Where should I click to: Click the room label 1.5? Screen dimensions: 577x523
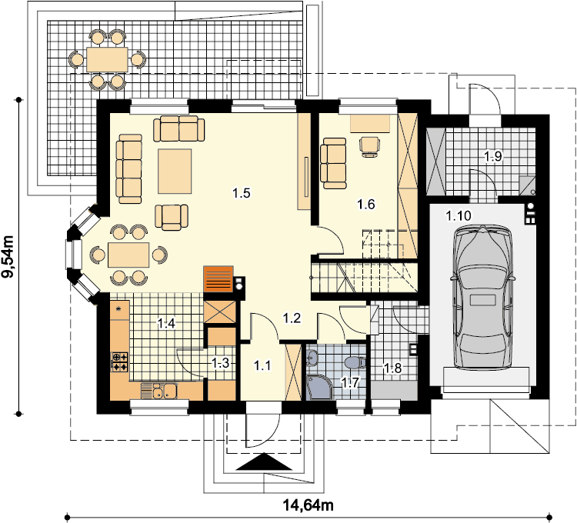242,193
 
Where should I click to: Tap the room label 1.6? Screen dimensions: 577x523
366,204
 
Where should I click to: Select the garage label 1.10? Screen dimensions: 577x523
459,215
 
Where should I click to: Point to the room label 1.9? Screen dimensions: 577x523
492,156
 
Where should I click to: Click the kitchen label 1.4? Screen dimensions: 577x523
166,323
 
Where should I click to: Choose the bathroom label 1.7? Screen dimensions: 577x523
350,382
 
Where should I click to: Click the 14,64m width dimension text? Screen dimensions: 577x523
308,505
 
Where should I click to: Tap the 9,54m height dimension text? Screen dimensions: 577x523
8,257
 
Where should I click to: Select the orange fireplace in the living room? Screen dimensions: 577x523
218,278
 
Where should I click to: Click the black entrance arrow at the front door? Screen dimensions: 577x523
264,461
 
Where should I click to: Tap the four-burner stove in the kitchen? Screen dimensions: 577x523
119,361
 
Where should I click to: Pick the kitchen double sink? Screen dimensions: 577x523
159,391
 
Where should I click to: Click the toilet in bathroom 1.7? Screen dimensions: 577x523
355,362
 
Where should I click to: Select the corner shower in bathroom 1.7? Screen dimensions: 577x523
319,388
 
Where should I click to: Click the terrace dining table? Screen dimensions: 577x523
107,59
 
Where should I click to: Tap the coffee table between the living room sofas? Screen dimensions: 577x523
175,171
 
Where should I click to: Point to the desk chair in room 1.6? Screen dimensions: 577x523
369,147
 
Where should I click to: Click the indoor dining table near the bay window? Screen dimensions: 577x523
128,255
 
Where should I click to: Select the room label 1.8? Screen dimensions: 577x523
392,368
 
